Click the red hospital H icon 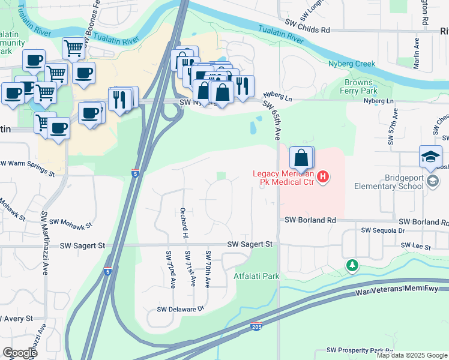pos(323,176)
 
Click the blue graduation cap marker pos(430,157)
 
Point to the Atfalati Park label pos(256,277)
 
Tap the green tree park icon pos(351,265)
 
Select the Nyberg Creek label pos(352,64)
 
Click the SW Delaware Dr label pos(181,310)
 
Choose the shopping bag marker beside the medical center pos(301,158)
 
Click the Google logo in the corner pos(20,353)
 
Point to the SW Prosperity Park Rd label pos(360,350)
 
